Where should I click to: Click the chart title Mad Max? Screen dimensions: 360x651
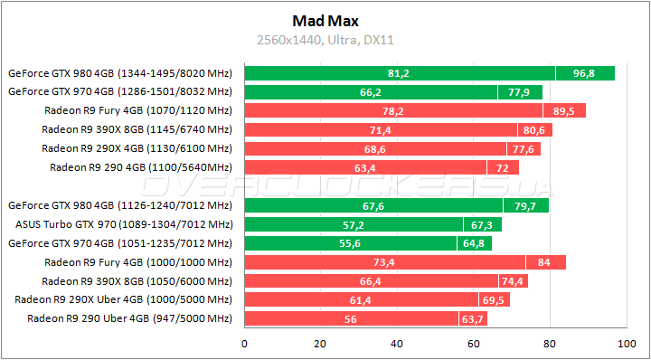[325, 20]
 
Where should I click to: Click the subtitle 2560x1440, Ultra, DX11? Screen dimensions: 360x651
[325, 40]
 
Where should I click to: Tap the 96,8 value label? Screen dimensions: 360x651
[585, 73]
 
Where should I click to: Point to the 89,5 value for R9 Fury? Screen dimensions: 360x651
[564, 110]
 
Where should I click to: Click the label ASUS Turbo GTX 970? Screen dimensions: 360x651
[124, 224]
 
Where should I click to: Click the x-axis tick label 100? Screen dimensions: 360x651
[625, 343]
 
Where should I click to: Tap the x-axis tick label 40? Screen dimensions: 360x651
[396, 343]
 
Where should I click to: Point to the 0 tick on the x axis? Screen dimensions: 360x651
[244, 343]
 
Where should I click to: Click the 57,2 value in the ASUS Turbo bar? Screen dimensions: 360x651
[353, 224]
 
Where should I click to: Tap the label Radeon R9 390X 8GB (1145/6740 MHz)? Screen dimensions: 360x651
[137, 129]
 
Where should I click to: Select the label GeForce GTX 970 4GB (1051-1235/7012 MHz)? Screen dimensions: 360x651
[119, 243]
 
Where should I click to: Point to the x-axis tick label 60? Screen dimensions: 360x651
[473, 343]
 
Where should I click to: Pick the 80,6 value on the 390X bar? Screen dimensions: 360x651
[533, 129]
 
